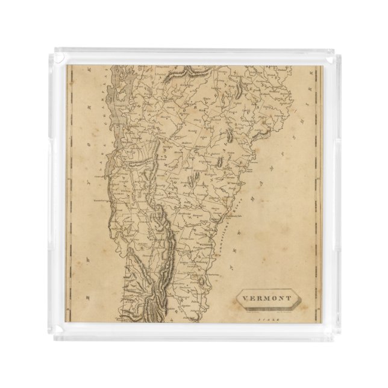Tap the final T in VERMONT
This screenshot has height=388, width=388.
[x=290, y=298]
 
